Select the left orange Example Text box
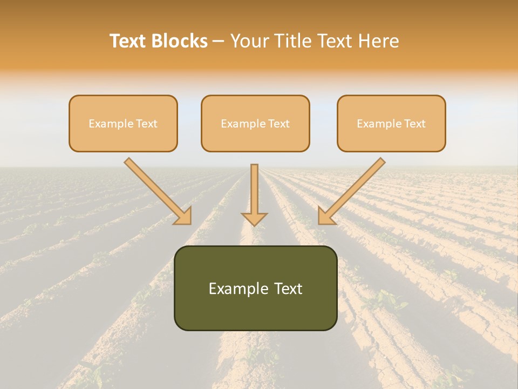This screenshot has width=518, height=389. (x=123, y=123)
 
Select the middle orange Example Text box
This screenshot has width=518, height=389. (x=255, y=123)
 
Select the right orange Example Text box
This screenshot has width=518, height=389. (x=391, y=123)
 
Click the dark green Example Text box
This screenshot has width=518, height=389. (x=255, y=288)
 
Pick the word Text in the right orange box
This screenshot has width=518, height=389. (x=414, y=124)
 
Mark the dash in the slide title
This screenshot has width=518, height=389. (x=219, y=42)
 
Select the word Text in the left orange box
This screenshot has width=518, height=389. (x=146, y=124)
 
